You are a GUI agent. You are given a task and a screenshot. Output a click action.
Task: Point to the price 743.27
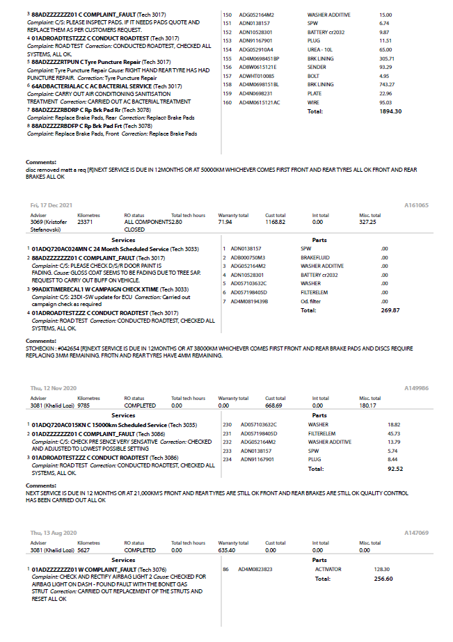[386, 85]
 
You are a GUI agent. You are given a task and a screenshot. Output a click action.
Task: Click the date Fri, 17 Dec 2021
[51, 206]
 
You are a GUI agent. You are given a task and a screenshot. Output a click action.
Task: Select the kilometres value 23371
[86, 222]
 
